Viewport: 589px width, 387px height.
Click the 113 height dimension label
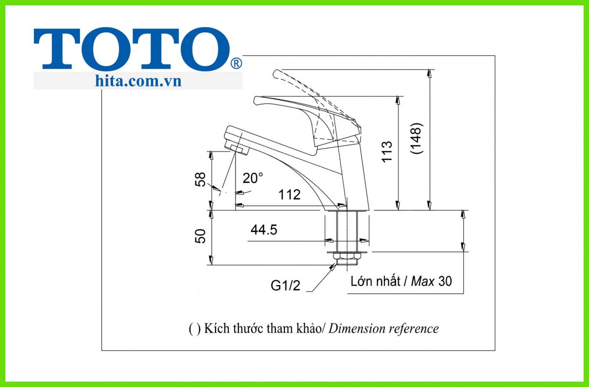coord(387,151)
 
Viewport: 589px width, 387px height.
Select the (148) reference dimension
coord(417,138)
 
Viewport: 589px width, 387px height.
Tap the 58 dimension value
coord(201,180)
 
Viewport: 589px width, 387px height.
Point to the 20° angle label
coord(253,178)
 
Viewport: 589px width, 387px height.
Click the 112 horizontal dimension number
coord(289,195)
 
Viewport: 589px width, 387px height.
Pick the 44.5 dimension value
coord(264,230)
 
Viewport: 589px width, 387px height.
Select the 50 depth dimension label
coord(201,236)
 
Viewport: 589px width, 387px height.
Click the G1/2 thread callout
coord(285,285)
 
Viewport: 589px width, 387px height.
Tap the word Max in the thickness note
coord(423,281)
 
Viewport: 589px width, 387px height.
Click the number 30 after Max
coord(445,281)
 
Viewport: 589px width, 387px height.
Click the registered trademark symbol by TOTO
coord(236,64)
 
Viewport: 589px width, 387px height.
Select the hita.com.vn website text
coord(138,81)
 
